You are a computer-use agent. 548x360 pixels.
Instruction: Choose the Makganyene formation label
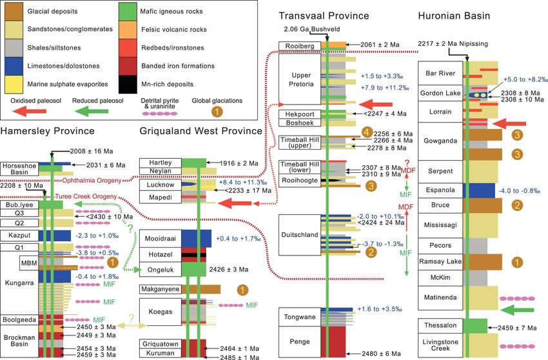click(x=161, y=289)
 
